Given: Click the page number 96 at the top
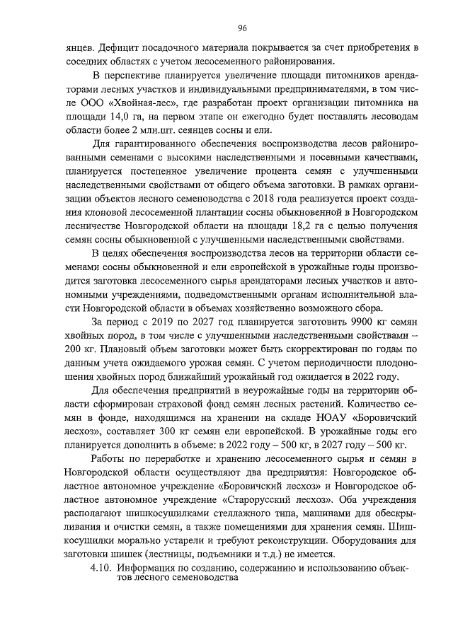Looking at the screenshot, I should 241,28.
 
